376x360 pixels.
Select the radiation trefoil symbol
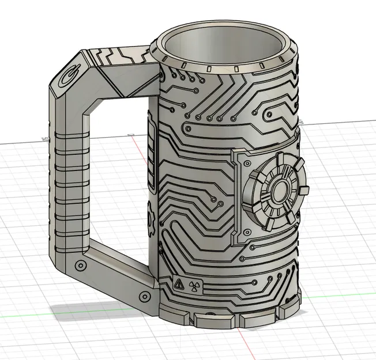tap(192, 285)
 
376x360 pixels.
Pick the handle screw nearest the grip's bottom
tap(80, 266)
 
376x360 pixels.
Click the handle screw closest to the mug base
tap(142, 295)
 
